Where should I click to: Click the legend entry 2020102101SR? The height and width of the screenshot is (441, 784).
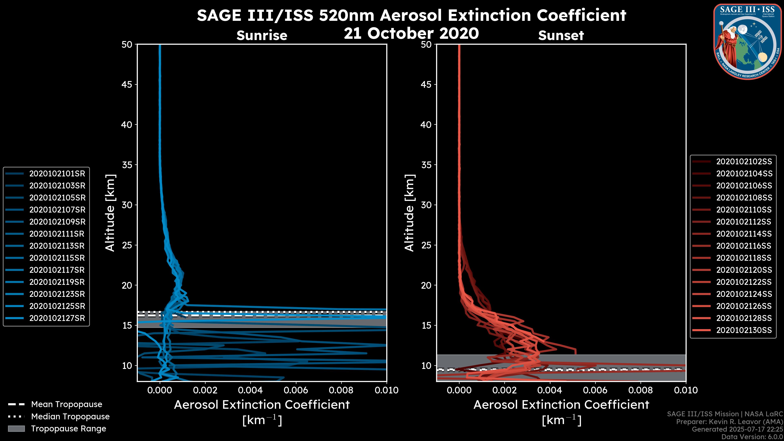click(57, 174)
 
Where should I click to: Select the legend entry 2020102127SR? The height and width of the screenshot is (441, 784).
click(57, 318)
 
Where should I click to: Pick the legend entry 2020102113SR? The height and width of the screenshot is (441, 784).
click(57, 246)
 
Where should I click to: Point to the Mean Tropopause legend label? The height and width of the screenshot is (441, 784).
click(67, 404)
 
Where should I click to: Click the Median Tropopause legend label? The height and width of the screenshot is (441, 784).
click(70, 416)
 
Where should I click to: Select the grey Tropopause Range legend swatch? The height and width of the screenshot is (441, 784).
click(16, 429)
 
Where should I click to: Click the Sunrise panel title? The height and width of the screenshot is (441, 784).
click(262, 35)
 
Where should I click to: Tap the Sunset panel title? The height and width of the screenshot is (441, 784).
click(561, 35)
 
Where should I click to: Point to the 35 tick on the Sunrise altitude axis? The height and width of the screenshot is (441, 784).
click(127, 165)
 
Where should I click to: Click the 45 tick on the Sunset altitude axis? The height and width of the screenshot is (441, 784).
click(426, 84)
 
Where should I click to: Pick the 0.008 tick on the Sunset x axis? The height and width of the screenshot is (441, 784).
click(641, 390)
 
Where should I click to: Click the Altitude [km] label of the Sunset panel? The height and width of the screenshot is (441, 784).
click(409, 213)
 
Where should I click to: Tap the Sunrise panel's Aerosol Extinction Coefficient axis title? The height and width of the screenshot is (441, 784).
click(262, 405)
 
